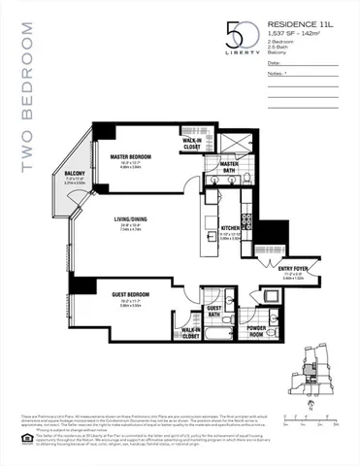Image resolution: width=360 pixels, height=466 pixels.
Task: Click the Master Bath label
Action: (229, 164)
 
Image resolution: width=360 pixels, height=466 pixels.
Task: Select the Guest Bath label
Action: (215, 312)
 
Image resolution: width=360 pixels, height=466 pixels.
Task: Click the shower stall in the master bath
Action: (233, 142)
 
